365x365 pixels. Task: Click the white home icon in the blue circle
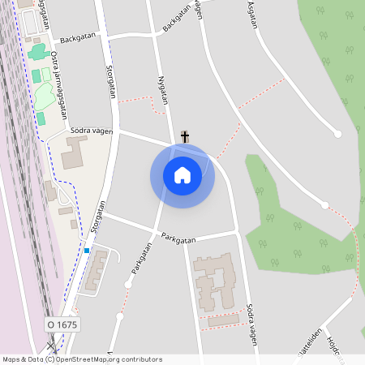coord(182,175)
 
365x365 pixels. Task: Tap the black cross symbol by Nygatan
coord(185,136)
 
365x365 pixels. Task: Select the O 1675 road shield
coord(62,324)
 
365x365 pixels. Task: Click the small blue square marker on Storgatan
coord(86,251)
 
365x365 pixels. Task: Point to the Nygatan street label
coord(162,92)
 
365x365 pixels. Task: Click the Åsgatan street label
coord(251,15)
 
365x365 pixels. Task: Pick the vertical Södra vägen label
coord(251,325)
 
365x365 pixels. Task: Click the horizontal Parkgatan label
coord(178,239)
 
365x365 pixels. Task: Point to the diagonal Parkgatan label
coord(143,263)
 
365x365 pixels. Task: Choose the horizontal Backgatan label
coord(78,38)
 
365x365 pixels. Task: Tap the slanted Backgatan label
coord(181,16)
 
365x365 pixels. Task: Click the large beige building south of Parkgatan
coord(213,280)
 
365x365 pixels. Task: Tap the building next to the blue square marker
coord(97,269)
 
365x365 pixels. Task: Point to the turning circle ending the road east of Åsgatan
coord(337,134)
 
